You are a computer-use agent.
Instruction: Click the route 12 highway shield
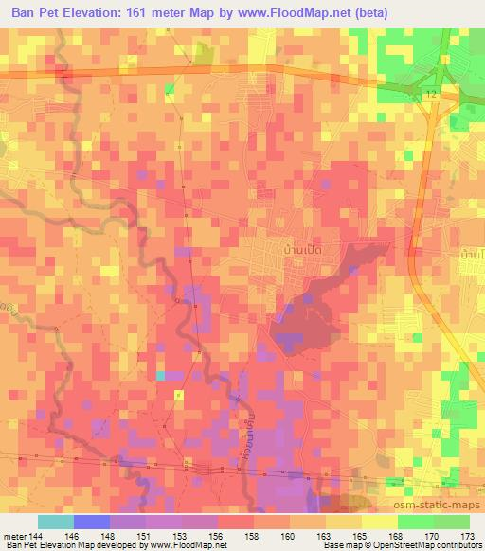[x=431, y=95]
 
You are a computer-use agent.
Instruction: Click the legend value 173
[x=469, y=536]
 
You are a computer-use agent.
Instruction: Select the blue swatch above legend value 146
[x=91, y=522]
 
